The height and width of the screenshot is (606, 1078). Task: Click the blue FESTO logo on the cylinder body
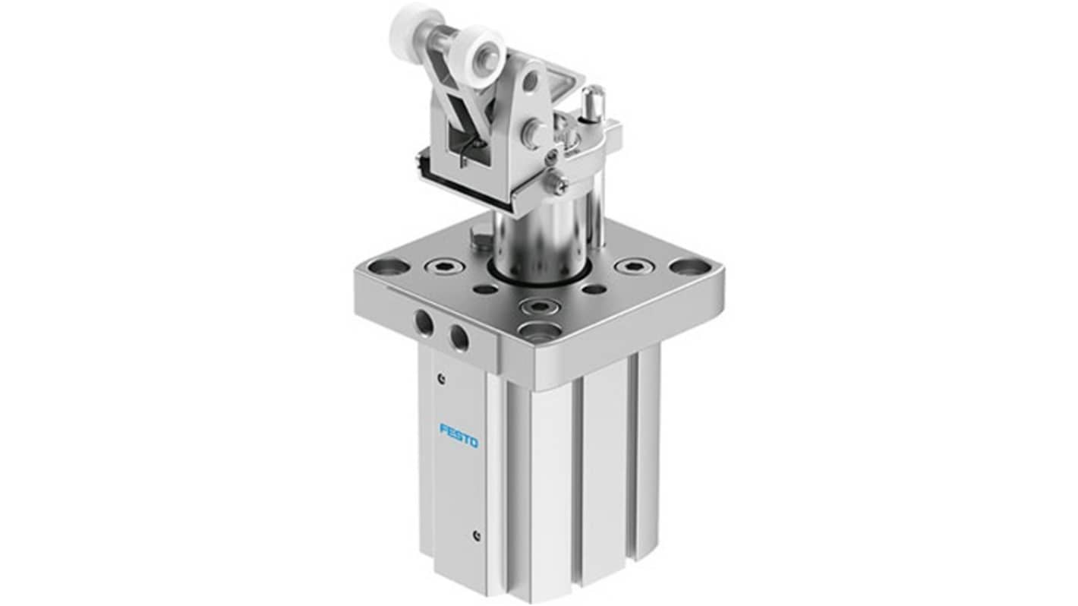(x=459, y=435)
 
